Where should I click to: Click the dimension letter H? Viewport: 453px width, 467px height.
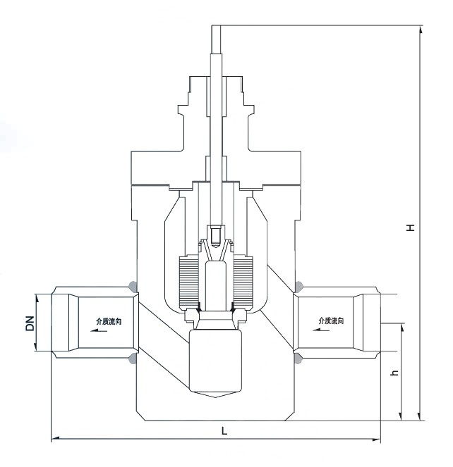coord(410,228)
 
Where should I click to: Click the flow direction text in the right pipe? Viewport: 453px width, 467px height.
coord(331,320)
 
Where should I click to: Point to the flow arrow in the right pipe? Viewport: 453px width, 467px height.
coord(322,329)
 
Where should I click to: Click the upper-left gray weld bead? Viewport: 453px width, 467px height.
coord(131,286)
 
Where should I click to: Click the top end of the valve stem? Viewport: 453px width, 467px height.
coord(217,27)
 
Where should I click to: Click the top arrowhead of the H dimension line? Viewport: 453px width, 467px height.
coord(421,30)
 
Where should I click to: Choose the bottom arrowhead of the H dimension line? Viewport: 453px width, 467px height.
coord(421,417)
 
